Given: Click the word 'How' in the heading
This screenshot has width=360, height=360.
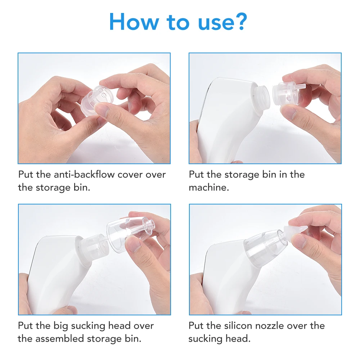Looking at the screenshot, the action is pos(134,22).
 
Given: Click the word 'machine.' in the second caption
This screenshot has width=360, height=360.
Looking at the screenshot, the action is pos(209,188).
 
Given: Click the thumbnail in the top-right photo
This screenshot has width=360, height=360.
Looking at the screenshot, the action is pos(288,112).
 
